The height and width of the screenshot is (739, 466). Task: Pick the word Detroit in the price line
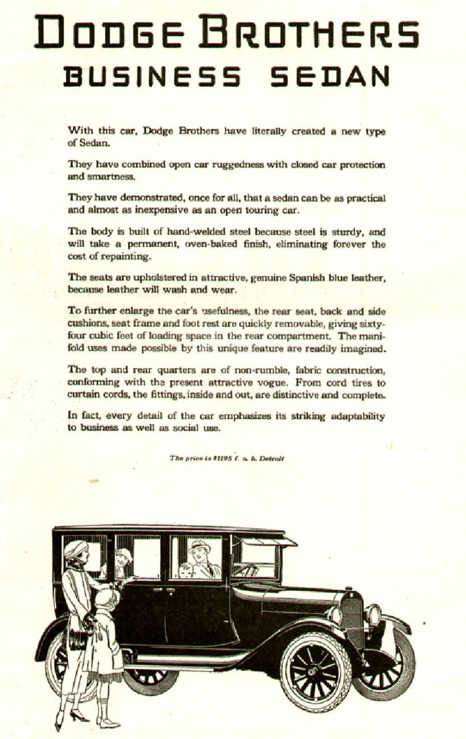271,458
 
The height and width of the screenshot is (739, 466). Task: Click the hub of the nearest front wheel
315,668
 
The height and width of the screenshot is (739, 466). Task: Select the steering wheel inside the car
247,570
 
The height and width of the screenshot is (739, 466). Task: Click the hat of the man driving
199,546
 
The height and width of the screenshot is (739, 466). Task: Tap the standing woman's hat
75,547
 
